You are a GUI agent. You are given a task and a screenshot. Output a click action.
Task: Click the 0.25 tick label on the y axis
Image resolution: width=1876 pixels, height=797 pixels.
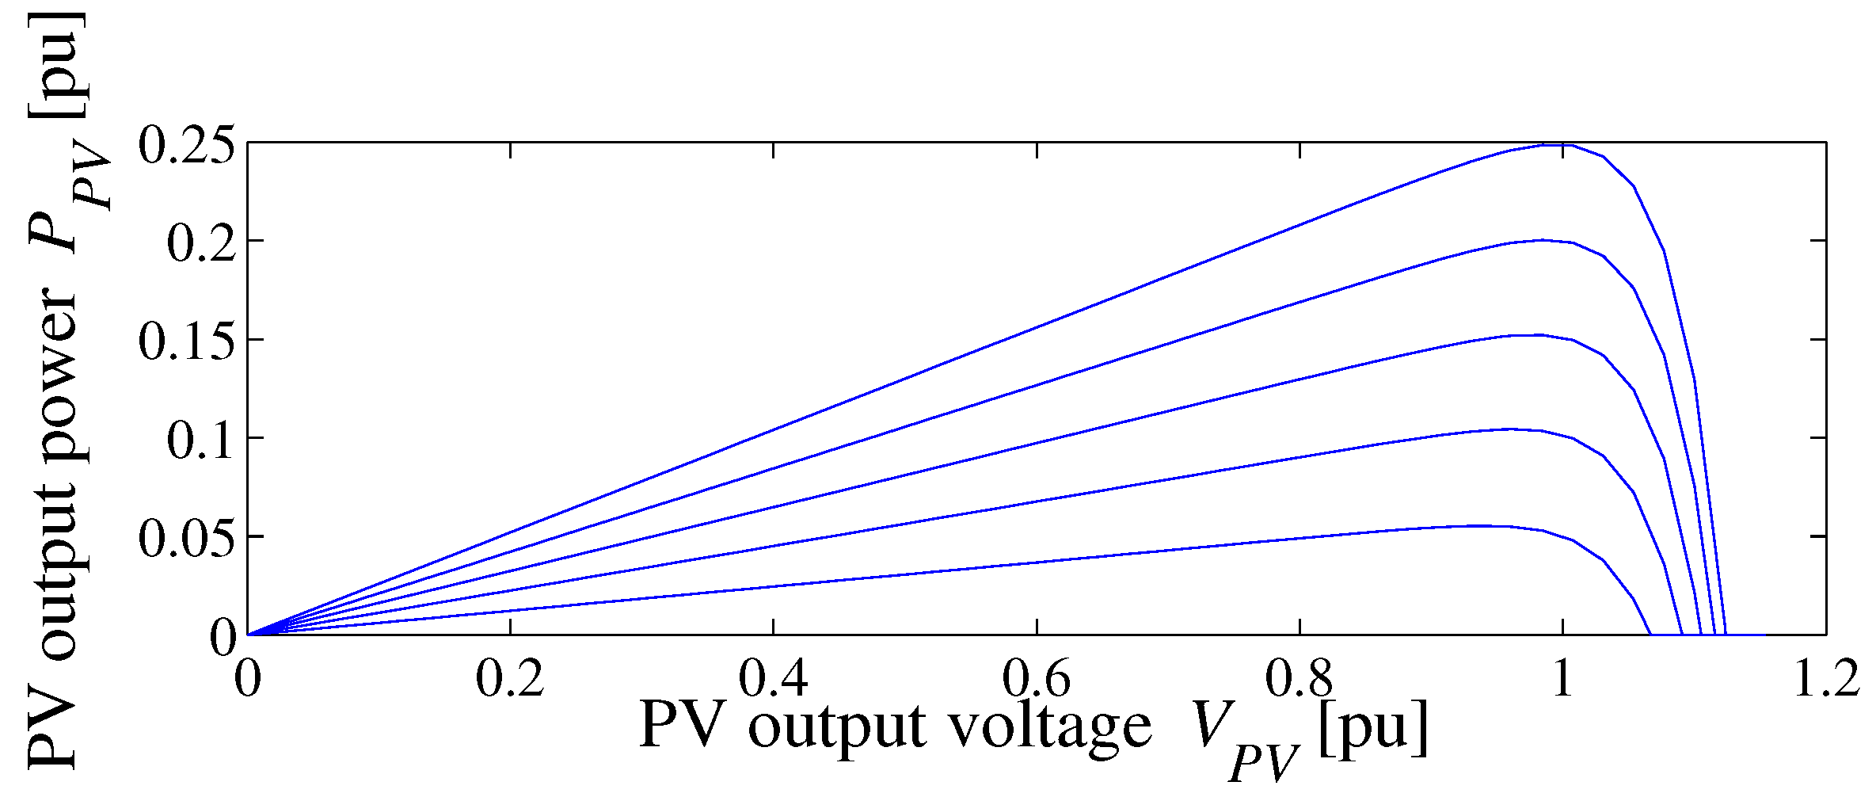[x=186, y=145]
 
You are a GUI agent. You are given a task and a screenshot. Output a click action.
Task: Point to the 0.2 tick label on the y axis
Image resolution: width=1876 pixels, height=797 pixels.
[x=200, y=242]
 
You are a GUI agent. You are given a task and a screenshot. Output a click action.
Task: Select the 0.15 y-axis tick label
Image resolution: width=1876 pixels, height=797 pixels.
[x=186, y=341]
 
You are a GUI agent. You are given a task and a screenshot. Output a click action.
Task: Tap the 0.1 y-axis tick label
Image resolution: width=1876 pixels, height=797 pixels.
[x=200, y=440]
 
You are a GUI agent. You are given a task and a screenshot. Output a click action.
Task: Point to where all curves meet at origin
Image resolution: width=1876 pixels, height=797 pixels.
[x=249, y=634]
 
